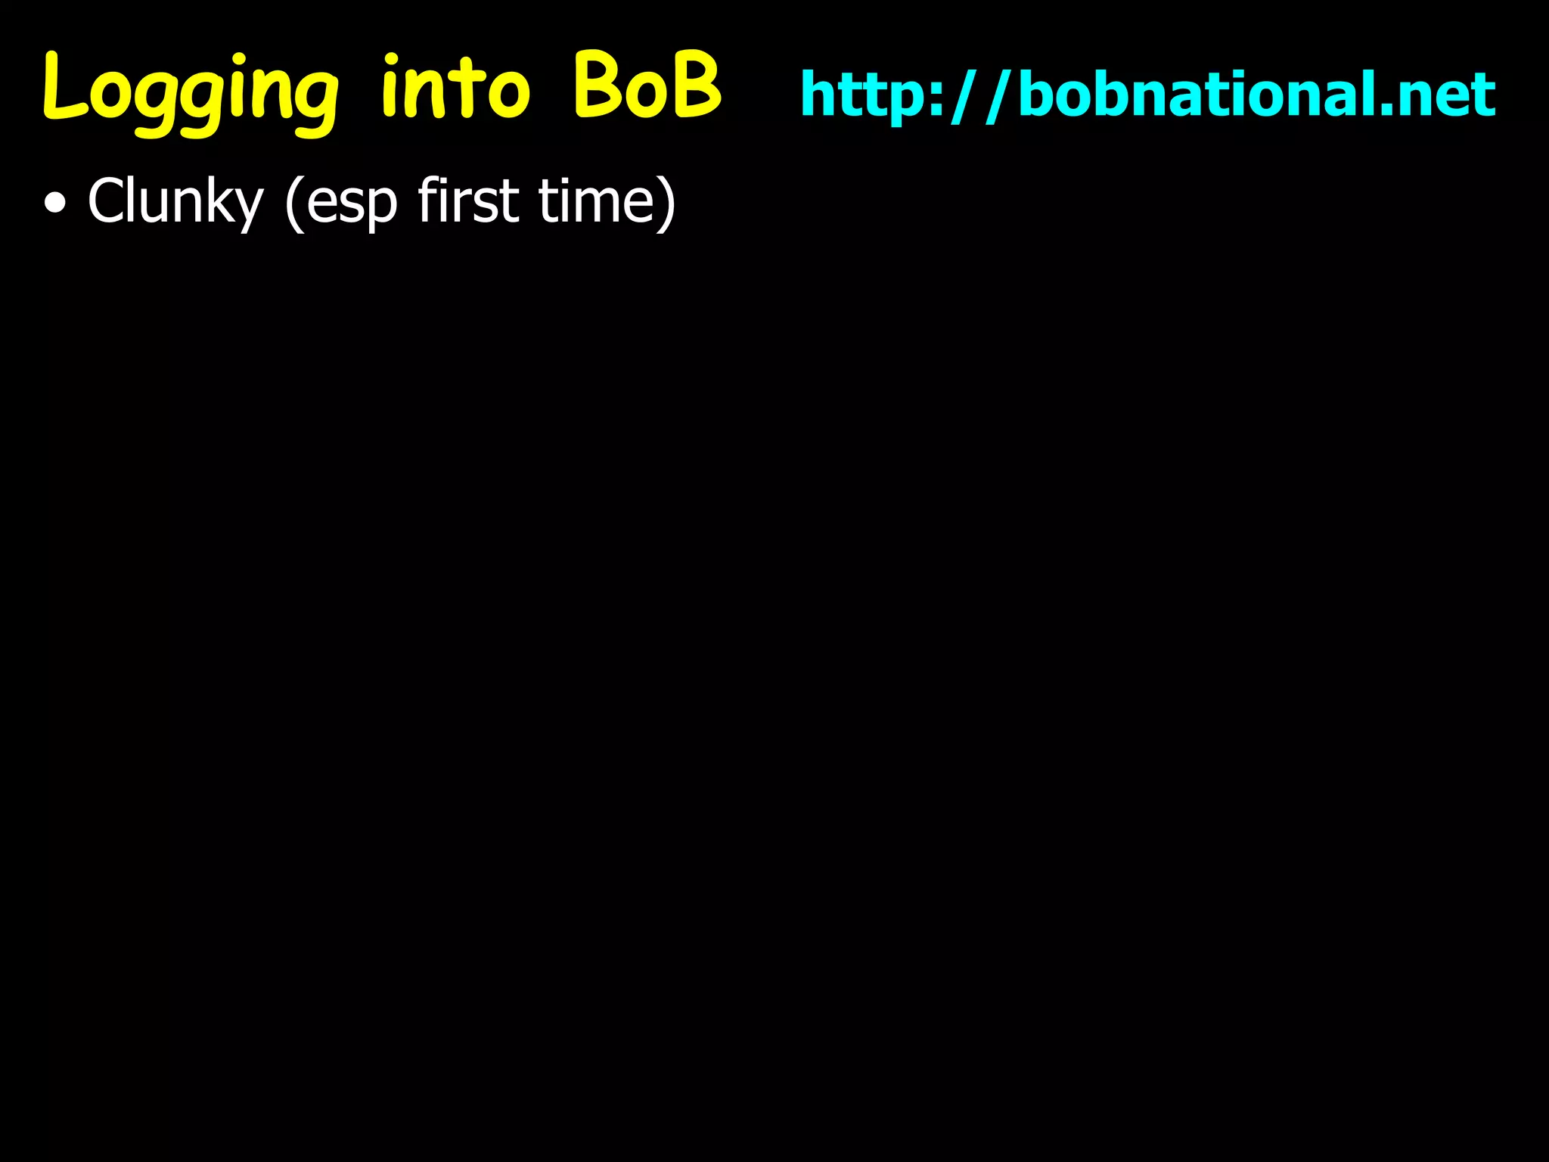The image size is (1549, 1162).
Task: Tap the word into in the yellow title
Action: click(x=455, y=87)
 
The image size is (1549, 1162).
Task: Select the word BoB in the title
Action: click(x=647, y=85)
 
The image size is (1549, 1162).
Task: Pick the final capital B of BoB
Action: click(x=692, y=85)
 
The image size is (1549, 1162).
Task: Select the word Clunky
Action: click(x=175, y=201)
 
